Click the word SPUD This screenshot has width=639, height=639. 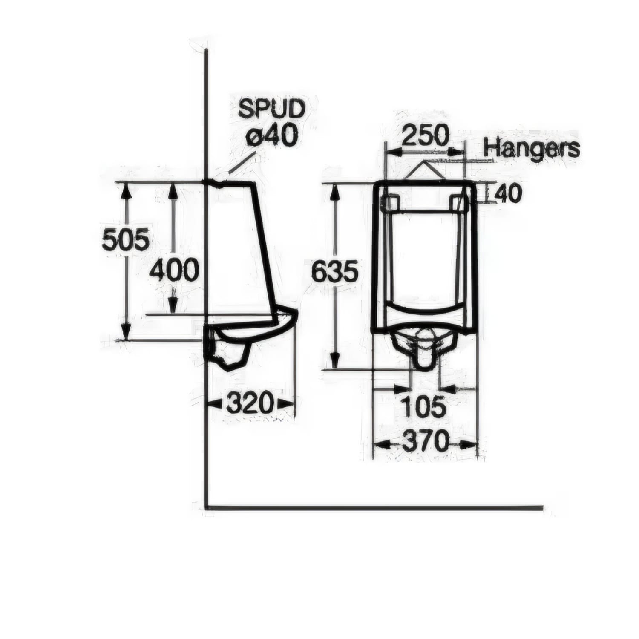271,109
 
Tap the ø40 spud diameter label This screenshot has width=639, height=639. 271,137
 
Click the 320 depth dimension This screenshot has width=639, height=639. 249,403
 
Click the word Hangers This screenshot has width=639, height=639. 532,148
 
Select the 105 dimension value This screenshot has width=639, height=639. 425,407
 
